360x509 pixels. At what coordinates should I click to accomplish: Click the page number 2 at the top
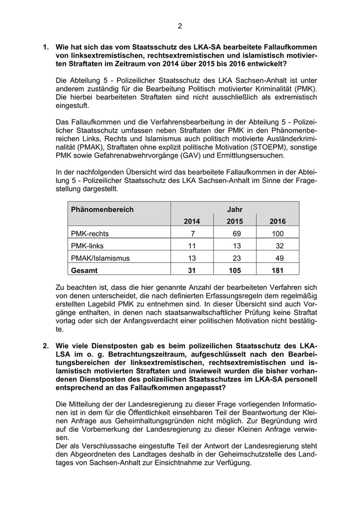[180, 26]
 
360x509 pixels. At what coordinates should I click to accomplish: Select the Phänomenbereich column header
[102, 209]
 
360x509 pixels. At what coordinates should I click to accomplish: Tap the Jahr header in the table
[235, 209]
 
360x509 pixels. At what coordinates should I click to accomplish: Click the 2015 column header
[235, 221]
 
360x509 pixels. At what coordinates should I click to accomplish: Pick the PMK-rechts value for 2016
[278, 233]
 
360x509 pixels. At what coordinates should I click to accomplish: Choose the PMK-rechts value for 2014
[192, 233]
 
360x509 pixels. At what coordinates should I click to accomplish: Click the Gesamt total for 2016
[278, 269]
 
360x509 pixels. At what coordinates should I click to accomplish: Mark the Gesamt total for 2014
[191, 269]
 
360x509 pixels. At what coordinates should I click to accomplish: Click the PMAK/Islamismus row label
[100, 258]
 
